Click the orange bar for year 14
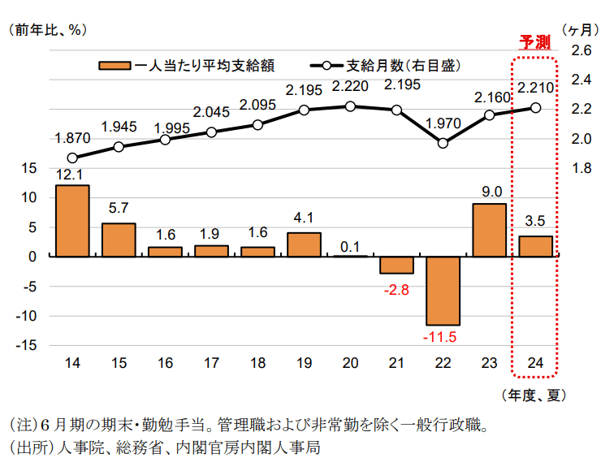72,220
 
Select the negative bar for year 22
443,290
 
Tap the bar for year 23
490,230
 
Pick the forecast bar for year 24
536,246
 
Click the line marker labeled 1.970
443,143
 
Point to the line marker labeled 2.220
350,106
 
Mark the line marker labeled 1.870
72,158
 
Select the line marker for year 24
536,107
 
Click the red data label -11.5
443,336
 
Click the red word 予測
534,42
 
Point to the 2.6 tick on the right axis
582,50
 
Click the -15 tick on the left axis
30,345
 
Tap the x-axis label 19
304,363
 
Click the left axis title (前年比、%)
47,30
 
